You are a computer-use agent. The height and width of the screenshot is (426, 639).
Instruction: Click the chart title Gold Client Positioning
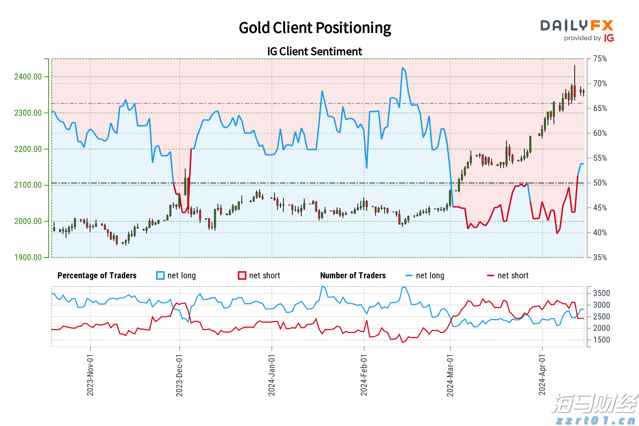click(x=315, y=28)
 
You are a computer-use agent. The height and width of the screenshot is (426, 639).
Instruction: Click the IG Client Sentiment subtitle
click(x=315, y=52)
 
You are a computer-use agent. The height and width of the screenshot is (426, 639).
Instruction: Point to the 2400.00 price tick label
click(x=28, y=77)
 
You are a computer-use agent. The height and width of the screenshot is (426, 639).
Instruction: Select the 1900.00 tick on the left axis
click(x=28, y=257)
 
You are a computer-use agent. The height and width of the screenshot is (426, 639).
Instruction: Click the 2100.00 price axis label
click(x=28, y=185)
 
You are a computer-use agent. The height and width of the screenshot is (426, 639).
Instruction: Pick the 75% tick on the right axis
click(x=600, y=59)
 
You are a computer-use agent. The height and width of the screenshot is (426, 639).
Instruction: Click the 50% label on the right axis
click(x=600, y=183)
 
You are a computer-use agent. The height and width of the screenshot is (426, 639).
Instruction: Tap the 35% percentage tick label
click(x=600, y=257)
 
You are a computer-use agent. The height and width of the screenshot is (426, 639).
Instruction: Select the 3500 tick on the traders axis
click(x=601, y=293)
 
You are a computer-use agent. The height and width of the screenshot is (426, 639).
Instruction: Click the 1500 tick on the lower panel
click(x=601, y=340)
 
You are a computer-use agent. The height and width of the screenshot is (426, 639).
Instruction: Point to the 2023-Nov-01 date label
click(x=90, y=375)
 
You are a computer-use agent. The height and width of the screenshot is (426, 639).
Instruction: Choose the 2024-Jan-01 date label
click(x=272, y=375)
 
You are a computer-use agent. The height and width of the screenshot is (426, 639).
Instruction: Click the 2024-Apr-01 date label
click(x=542, y=375)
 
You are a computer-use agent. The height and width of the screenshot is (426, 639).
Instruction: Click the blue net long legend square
click(x=160, y=275)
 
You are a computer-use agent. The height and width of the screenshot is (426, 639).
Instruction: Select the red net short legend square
click(x=242, y=275)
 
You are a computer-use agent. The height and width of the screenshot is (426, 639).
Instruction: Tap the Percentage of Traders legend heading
click(x=97, y=275)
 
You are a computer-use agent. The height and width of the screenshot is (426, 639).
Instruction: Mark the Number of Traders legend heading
click(x=353, y=275)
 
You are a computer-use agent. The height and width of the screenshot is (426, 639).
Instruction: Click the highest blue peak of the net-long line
click(x=403, y=68)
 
